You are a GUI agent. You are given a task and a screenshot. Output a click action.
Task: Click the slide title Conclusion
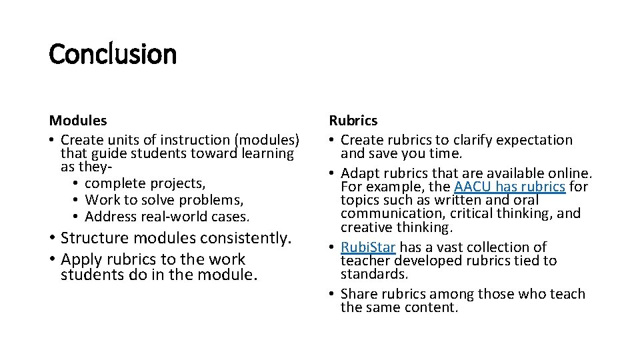point(113,54)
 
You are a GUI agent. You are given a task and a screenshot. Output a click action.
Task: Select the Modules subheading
point(77,121)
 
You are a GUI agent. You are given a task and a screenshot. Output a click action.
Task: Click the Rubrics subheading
point(353,121)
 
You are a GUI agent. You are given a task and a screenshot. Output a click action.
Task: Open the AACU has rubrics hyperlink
point(509,187)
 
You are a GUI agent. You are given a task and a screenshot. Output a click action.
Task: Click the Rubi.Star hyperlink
point(368,247)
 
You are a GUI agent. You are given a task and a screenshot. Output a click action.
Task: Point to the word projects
point(179,183)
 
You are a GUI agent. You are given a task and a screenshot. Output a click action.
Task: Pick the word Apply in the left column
point(80,259)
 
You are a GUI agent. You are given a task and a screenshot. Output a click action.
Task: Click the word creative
point(367,227)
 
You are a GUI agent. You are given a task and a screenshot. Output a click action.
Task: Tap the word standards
point(374,274)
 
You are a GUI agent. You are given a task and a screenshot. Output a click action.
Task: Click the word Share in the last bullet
point(359,294)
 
